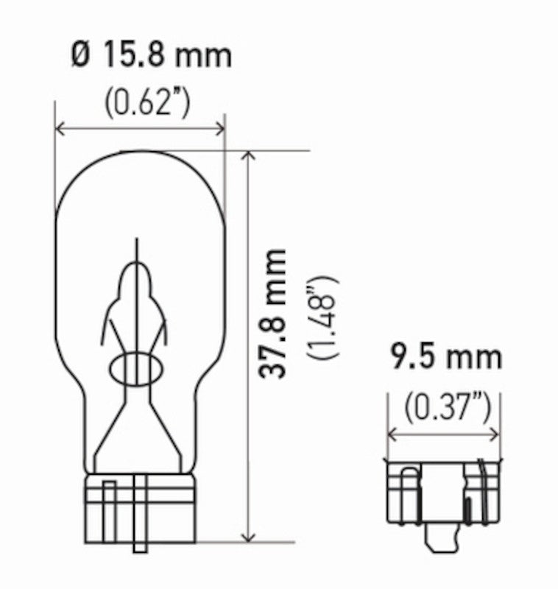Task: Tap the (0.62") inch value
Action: point(147,104)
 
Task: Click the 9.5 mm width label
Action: point(445,358)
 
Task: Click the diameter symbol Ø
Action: point(82,56)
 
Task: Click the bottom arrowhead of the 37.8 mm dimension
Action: point(249,537)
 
